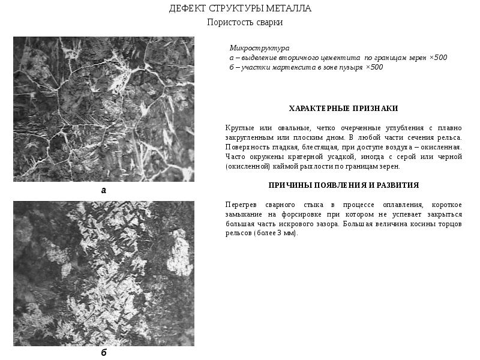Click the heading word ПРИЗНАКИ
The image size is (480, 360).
point(376,109)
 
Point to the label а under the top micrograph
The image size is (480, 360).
point(103,190)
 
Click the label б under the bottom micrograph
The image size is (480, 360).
point(103,353)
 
